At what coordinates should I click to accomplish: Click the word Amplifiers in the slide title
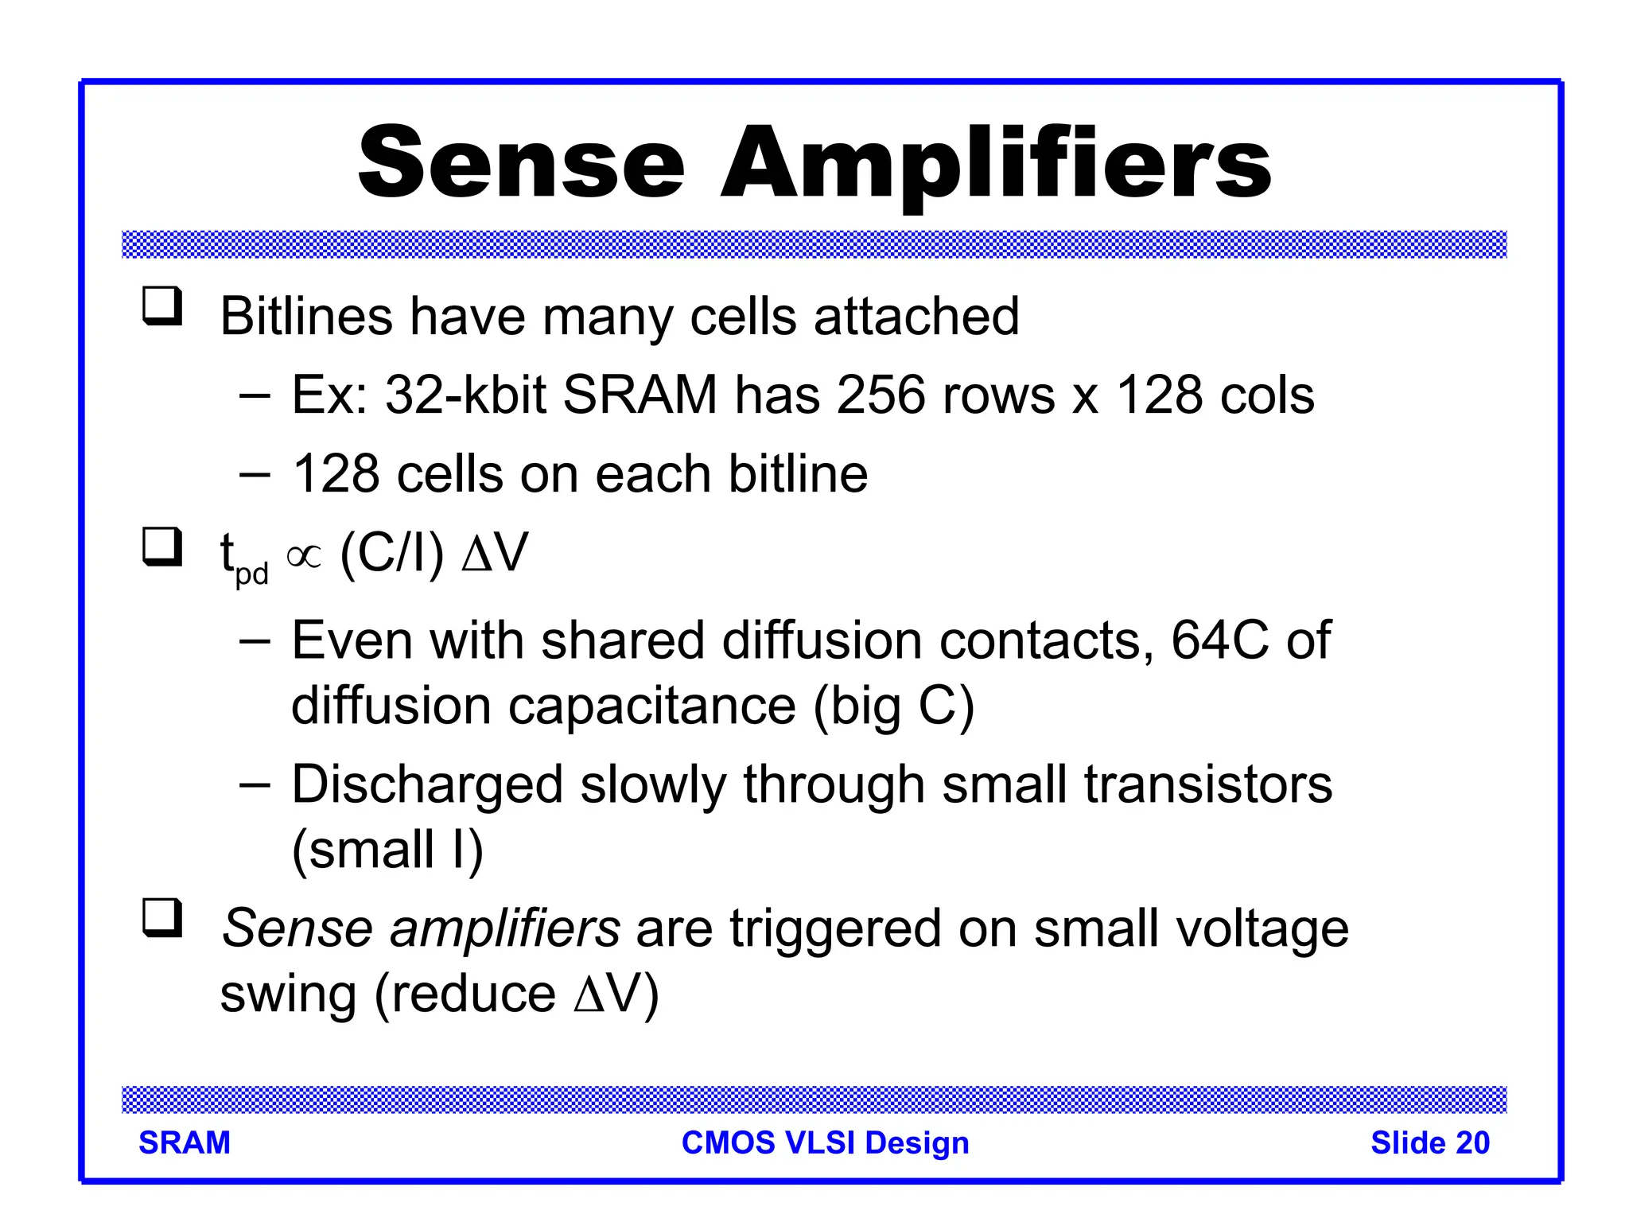point(996,165)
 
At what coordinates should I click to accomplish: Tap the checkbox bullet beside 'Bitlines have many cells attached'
point(162,305)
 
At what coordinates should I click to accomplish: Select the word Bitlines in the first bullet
point(306,316)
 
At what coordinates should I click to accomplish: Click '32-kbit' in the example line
point(465,395)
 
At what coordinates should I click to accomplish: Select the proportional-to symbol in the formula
point(304,556)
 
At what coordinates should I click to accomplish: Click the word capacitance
point(651,706)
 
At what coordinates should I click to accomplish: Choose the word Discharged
point(427,784)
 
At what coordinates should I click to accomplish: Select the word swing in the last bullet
point(288,994)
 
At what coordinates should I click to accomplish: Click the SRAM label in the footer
point(185,1143)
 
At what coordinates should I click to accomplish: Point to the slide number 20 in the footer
point(1472,1143)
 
